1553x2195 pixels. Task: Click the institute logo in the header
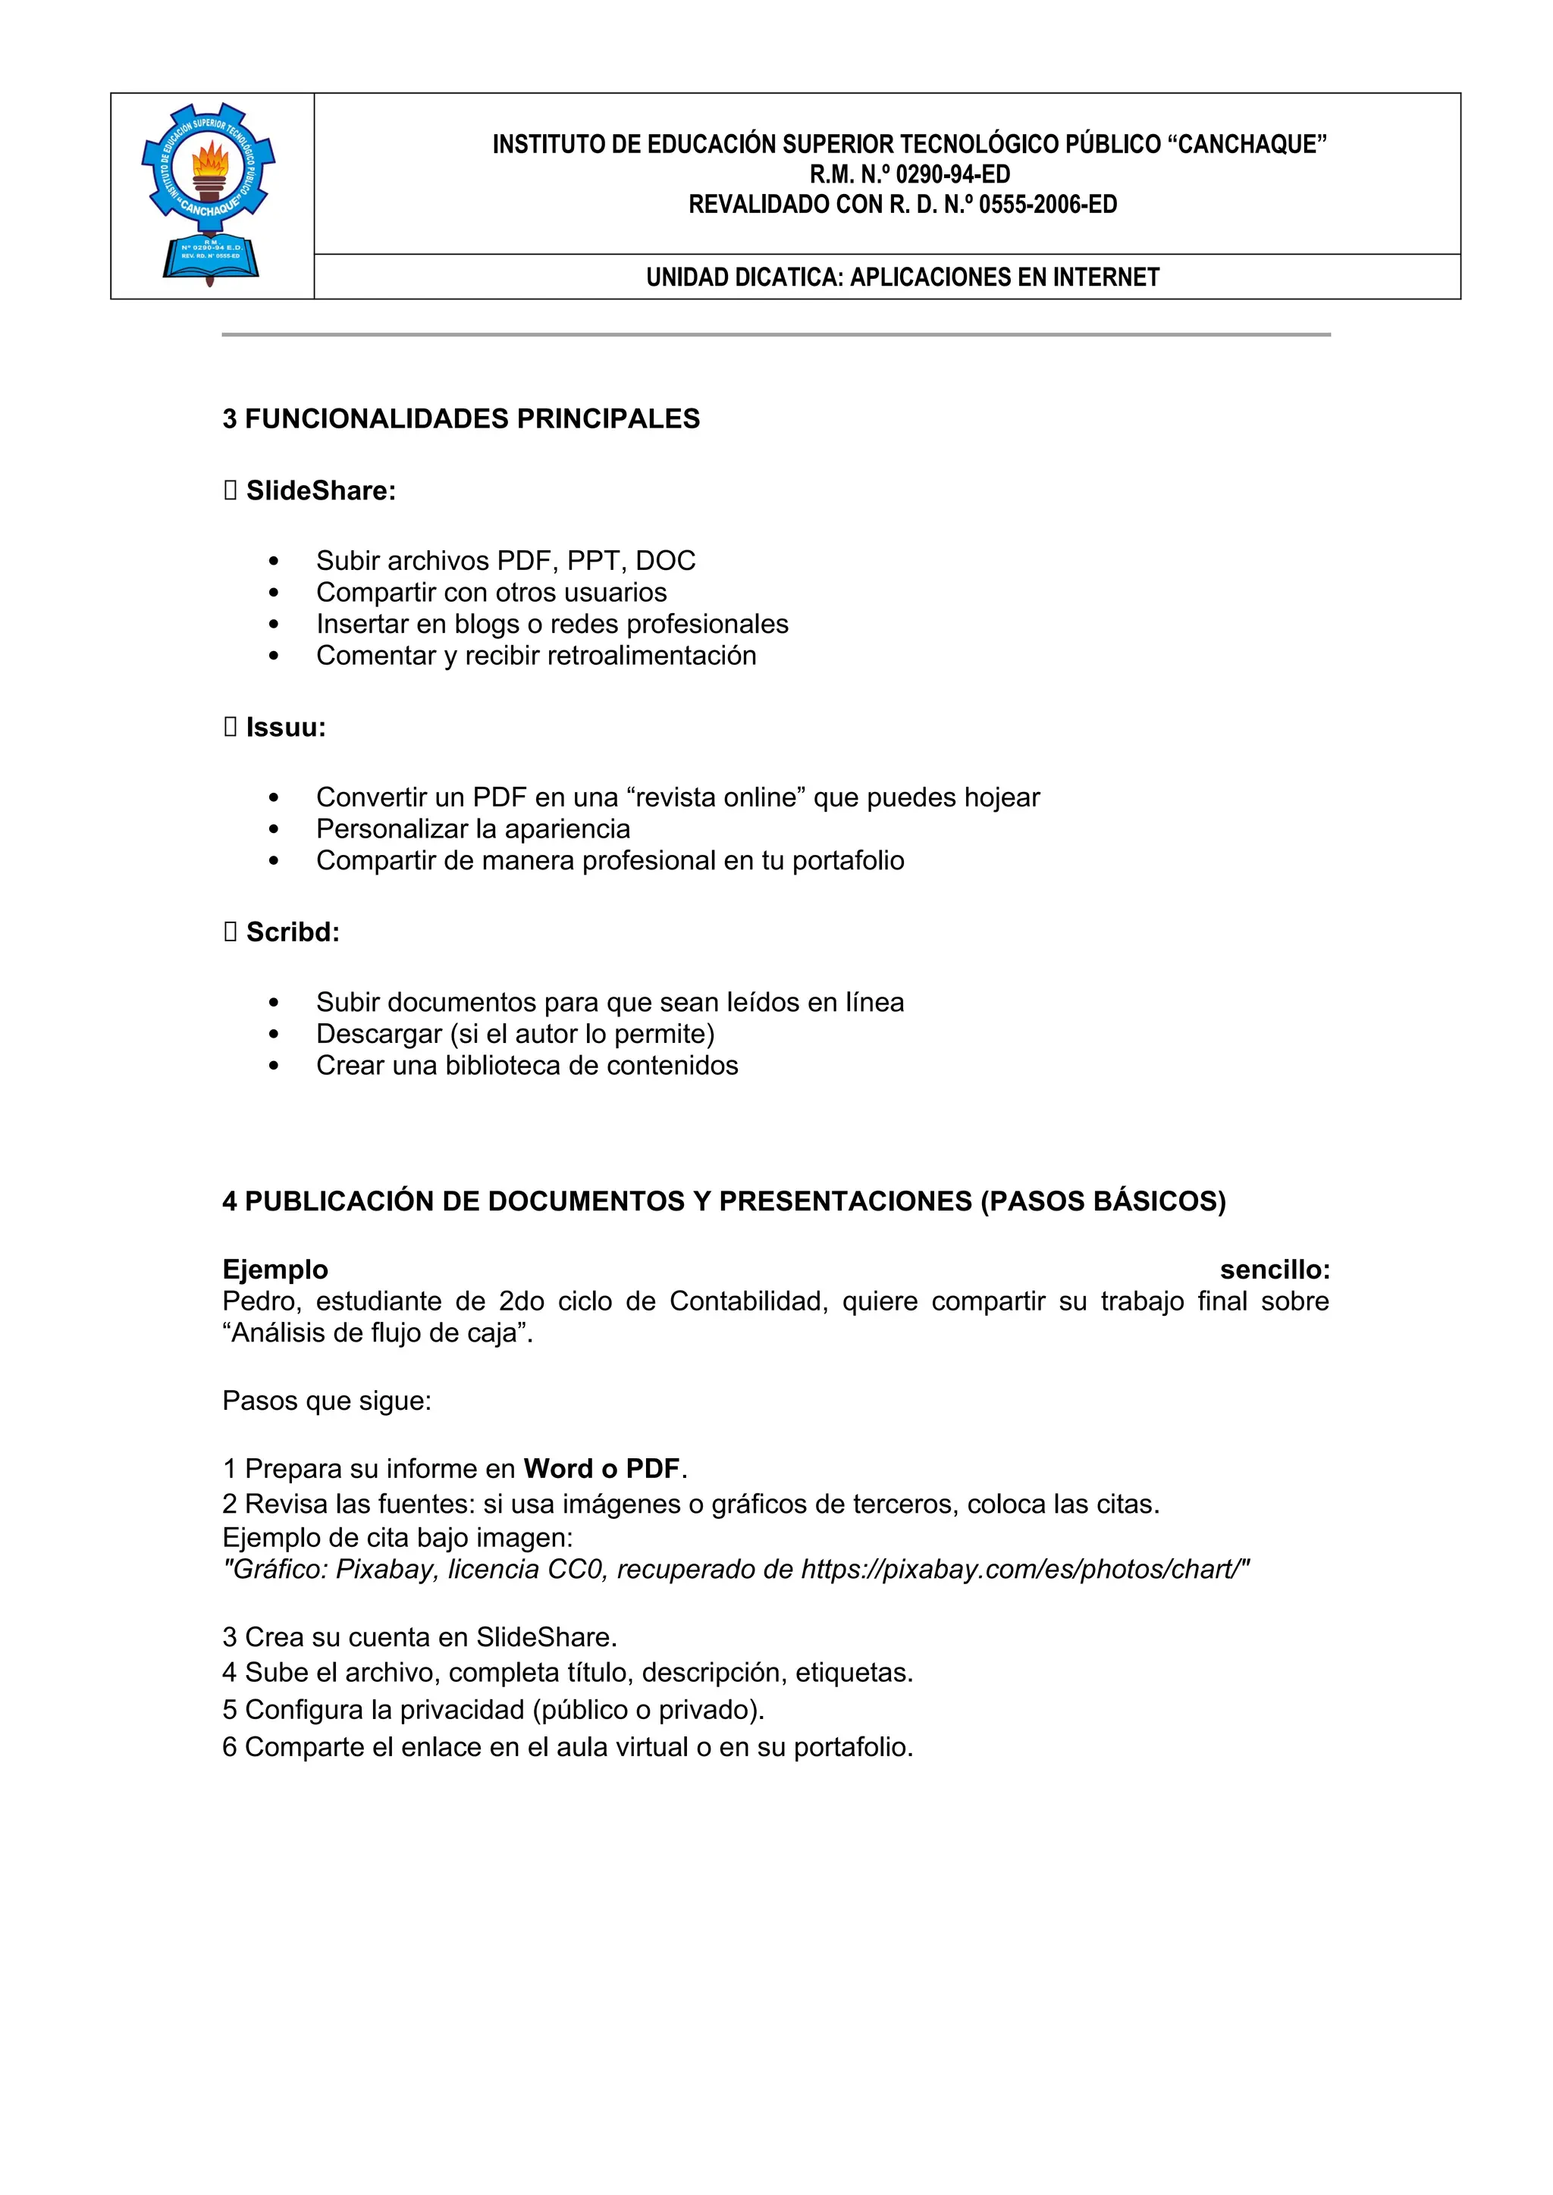(209, 194)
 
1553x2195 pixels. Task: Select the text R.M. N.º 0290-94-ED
(909, 174)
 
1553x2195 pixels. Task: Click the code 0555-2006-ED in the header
(1047, 205)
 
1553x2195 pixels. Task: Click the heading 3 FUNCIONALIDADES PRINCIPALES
(461, 418)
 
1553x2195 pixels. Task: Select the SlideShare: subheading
(320, 491)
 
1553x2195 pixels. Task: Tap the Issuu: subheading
(286, 728)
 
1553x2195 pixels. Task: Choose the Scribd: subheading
(293, 932)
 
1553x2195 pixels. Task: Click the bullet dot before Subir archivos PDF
(275, 561)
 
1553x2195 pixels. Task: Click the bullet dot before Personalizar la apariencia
(275, 830)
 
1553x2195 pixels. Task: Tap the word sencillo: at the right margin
(1274, 1270)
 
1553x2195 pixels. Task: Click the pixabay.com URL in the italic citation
(1022, 1570)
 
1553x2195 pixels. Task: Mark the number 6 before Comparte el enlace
(230, 1748)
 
